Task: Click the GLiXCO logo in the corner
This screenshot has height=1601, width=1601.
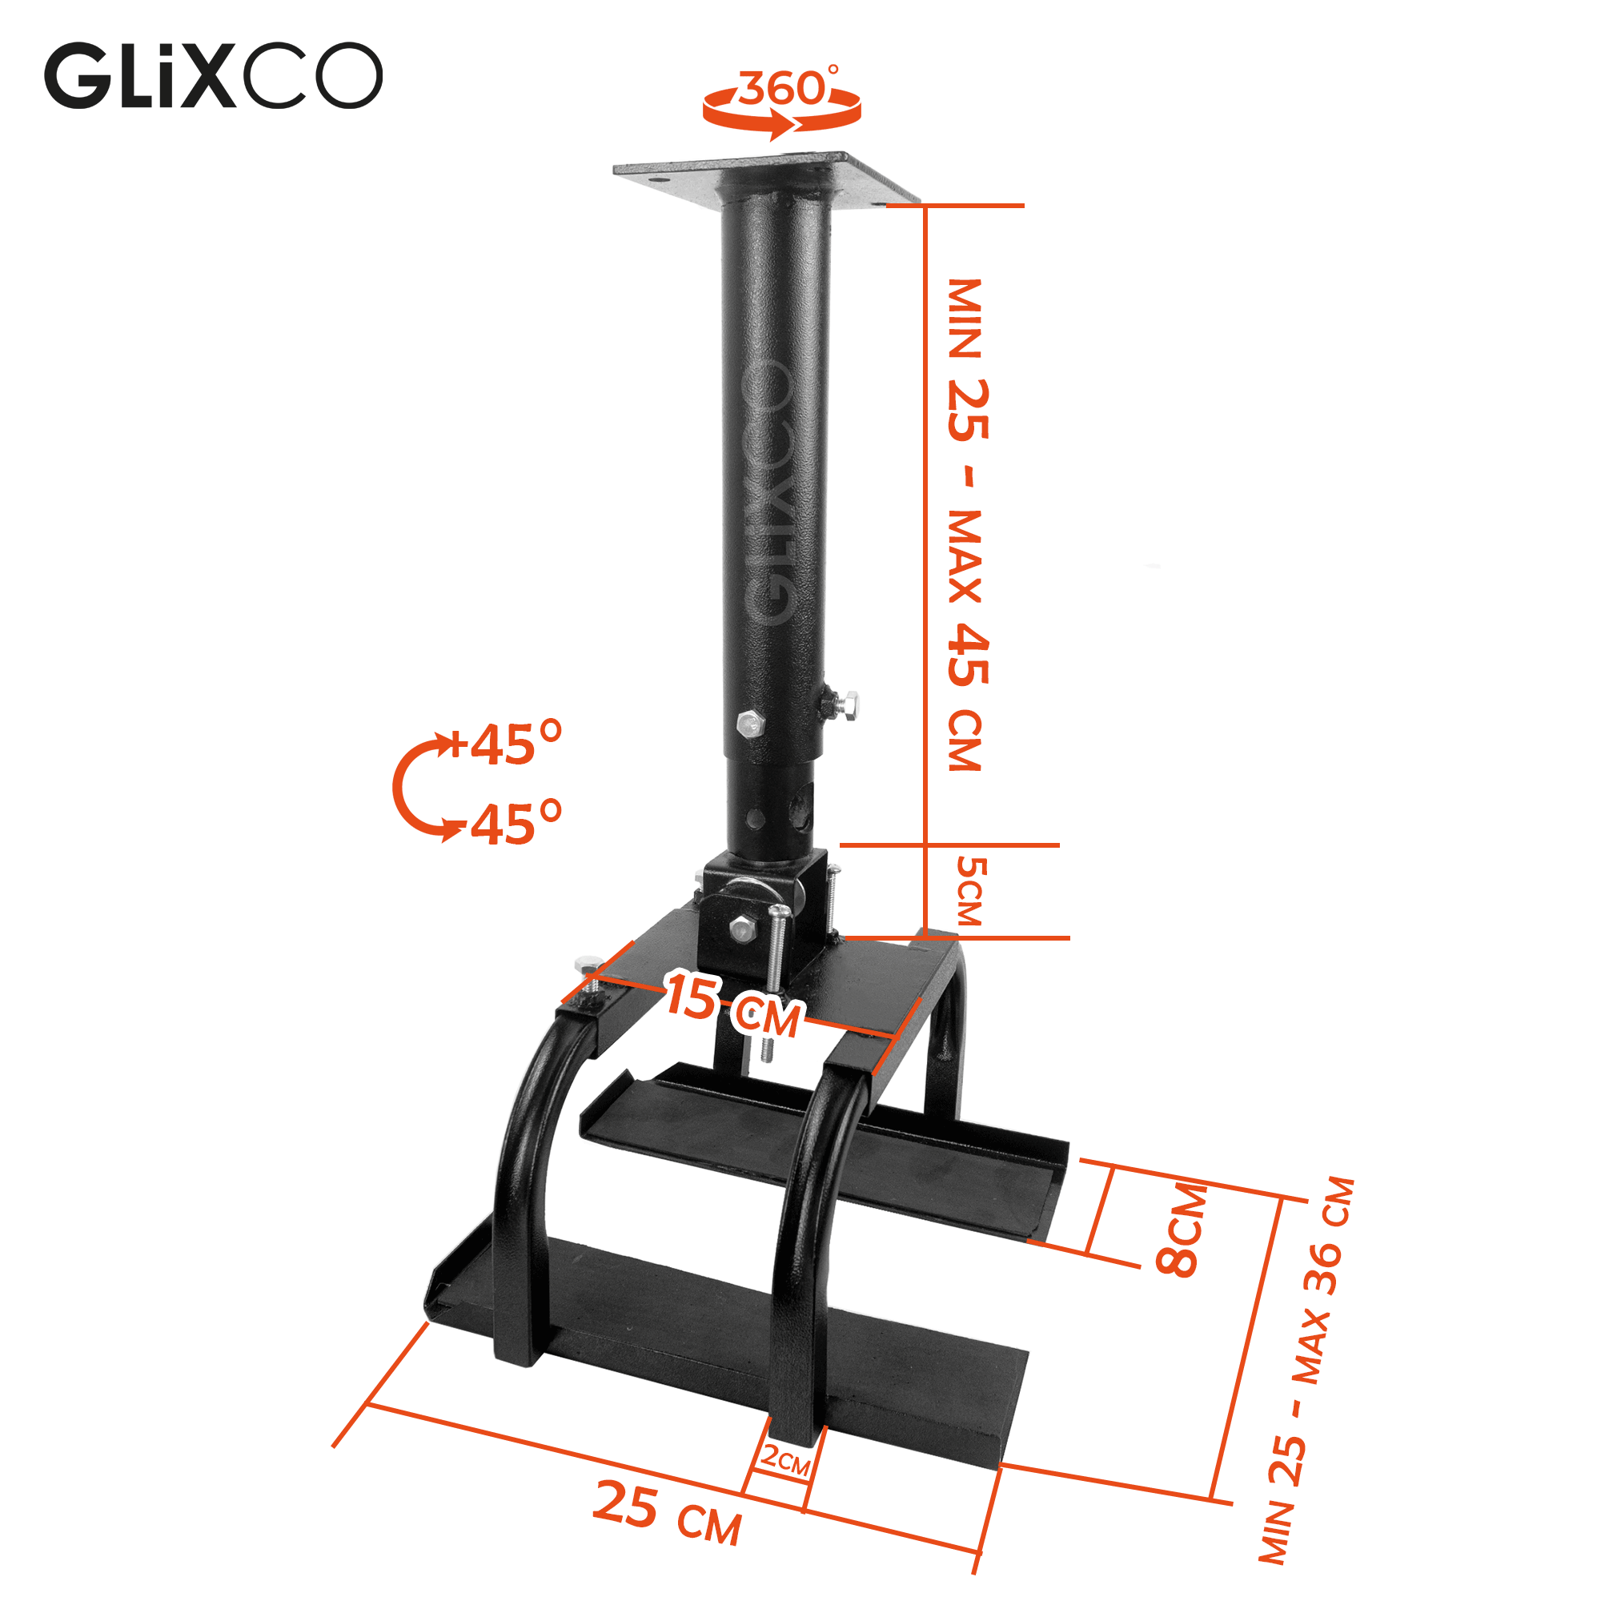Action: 213,76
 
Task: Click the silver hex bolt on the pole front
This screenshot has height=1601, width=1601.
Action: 749,724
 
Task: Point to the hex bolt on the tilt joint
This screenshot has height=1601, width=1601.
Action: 742,928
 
